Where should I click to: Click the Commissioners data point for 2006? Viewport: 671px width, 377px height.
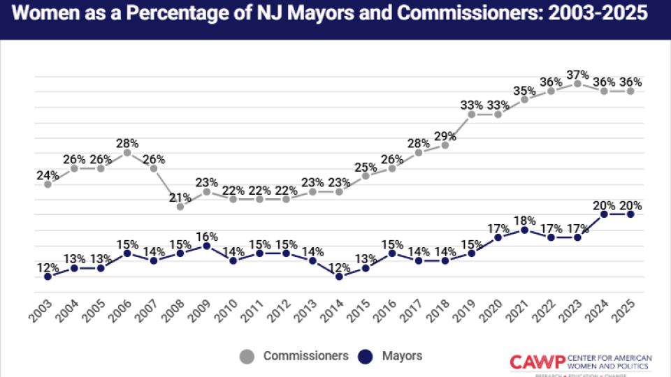[x=127, y=153]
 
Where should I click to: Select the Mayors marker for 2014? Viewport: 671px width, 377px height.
[x=339, y=276]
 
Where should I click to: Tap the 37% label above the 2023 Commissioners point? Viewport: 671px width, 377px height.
[x=577, y=74]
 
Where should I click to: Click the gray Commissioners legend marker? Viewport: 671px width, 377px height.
[x=248, y=357]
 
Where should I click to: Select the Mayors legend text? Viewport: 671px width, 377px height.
[x=402, y=356]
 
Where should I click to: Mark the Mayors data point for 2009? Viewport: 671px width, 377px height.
[x=207, y=246]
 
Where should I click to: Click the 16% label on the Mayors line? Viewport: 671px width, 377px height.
[x=207, y=236]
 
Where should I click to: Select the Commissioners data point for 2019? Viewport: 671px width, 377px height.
[x=472, y=114]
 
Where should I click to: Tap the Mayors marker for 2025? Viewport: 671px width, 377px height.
[x=630, y=214]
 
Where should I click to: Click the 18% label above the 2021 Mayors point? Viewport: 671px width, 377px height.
[x=525, y=220]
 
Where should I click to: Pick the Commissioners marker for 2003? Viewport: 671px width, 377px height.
[x=48, y=184]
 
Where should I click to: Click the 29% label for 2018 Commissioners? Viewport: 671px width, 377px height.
[x=445, y=135]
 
